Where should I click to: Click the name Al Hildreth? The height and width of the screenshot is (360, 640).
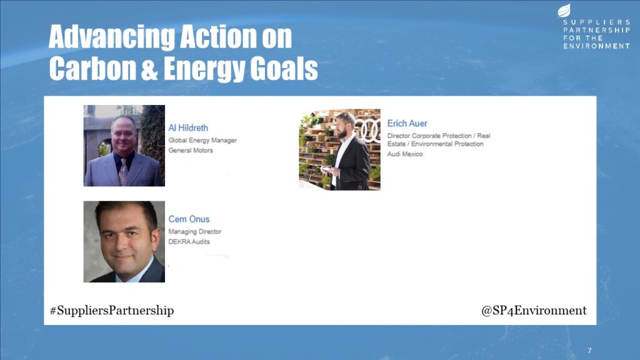188,128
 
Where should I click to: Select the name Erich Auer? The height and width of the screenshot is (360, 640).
407,124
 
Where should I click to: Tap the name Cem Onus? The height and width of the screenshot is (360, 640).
189,219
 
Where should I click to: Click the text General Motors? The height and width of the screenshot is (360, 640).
191,150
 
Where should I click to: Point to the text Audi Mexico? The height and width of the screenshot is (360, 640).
405,154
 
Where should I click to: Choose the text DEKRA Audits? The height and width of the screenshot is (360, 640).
189,242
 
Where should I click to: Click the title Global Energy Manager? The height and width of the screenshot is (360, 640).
202,141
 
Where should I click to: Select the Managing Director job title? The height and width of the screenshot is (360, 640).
195,232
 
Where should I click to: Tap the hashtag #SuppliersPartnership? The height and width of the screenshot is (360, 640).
112,311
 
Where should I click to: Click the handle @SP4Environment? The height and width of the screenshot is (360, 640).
534,311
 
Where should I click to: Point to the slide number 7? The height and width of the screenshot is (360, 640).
589,351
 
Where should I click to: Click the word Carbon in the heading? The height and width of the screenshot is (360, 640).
92,68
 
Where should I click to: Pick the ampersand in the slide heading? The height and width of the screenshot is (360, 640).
149,69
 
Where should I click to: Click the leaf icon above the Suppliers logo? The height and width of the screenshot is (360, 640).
564,10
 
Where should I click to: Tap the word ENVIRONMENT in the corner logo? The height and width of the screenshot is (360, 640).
597,46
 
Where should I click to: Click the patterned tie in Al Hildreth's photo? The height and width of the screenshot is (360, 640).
123,172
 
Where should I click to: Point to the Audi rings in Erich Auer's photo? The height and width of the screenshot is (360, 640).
368,129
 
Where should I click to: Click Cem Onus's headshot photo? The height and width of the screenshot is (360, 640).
124,242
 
